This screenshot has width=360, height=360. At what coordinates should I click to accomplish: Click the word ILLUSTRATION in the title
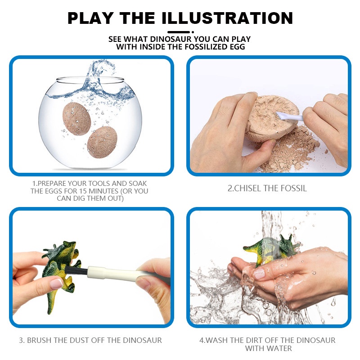point(227,18)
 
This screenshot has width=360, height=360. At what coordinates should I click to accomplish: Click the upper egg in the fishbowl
point(76,118)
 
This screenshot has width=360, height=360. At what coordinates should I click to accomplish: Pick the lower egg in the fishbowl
point(102,142)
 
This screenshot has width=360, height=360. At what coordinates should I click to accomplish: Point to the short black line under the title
point(179,32)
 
